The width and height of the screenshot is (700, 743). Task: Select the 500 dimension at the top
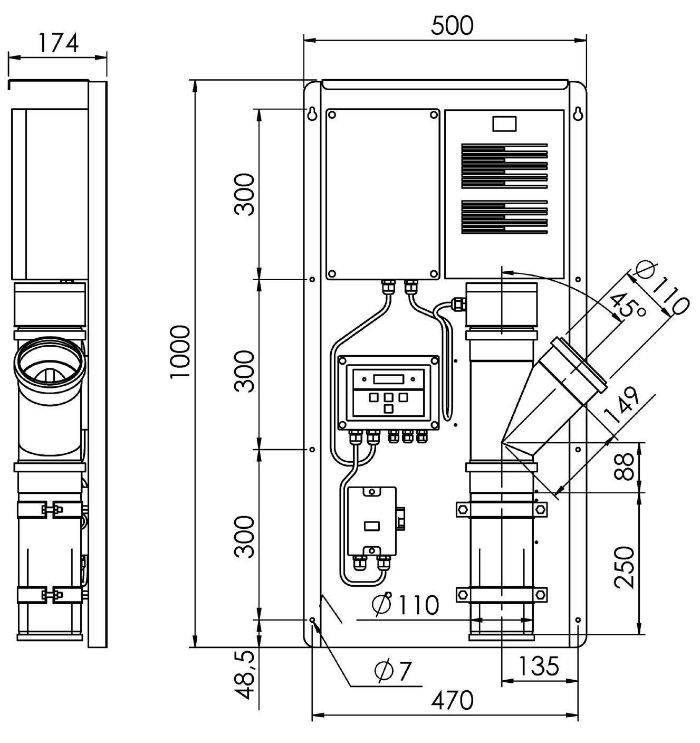[452, 25]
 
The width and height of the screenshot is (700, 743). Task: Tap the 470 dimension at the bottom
[452, 700]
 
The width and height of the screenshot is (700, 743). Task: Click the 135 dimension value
[538, 666]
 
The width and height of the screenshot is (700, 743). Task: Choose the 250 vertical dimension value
[626, 567]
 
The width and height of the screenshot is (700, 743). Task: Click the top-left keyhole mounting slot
[312, 113]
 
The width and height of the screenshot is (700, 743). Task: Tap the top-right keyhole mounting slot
[578, 113]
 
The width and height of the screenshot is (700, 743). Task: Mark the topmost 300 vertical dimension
[245, 194]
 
